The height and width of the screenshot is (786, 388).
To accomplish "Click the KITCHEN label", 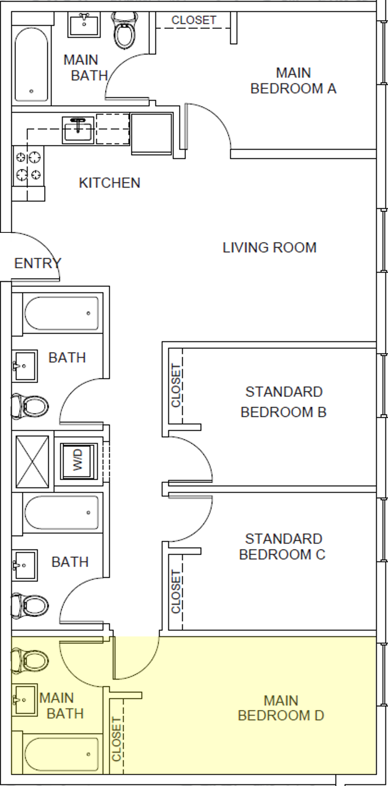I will tap(109, 182).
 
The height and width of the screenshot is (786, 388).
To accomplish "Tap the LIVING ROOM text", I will tap(269, 247).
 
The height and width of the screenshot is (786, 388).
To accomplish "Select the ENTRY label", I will tap(37, 263).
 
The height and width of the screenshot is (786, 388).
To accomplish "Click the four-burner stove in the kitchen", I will tap(29, 166).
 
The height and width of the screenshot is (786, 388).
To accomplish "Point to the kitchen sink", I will tap(78, 130).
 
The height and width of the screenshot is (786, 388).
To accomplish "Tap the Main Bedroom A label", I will tap(293, 81).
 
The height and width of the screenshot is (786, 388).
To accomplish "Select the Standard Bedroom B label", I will tap(283, 402).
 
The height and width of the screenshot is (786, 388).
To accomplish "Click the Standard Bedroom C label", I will tap(282, 547).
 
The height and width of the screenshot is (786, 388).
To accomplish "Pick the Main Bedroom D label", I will tap(281, 708).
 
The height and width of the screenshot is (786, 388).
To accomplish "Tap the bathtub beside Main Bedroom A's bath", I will tap(31, 64).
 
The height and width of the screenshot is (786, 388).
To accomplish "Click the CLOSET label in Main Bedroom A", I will tap(193, 21).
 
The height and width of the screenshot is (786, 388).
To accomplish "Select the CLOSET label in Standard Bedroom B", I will tap(176, 386).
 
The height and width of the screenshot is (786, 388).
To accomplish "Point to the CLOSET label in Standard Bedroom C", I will tap(176, 591).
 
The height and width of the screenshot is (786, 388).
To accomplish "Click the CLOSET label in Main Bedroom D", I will tap(117, 739).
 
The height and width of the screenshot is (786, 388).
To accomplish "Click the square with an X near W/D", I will tap(32, 461).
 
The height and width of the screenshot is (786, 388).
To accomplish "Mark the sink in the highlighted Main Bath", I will tap(25, 699).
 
